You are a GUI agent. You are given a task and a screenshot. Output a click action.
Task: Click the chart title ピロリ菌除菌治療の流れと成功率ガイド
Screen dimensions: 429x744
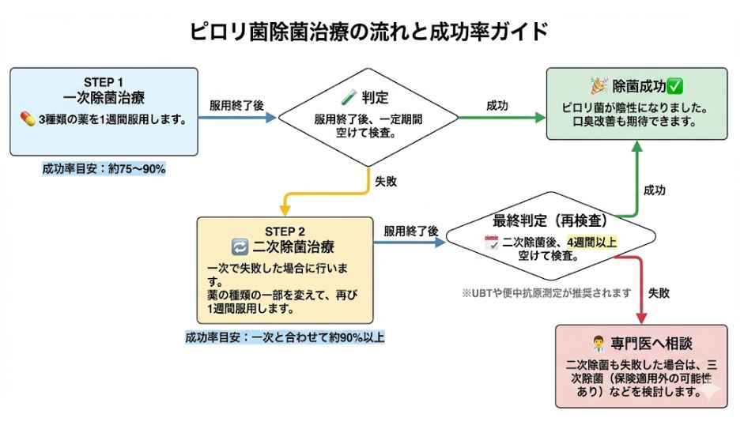click(369, 32)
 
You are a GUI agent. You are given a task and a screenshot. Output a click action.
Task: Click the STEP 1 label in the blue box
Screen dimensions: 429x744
click(104, 82)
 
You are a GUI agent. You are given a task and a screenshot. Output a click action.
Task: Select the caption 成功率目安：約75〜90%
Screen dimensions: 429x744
click(104, 168)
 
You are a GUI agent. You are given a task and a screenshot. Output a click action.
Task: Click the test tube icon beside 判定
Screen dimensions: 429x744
click(349, 98)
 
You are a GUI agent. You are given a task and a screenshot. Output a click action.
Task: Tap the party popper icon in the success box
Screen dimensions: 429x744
click(599, 85)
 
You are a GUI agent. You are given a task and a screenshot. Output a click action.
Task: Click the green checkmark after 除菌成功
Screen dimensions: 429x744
click(674, 85)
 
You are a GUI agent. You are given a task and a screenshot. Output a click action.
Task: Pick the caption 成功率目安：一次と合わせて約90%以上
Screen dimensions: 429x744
click(285, 337)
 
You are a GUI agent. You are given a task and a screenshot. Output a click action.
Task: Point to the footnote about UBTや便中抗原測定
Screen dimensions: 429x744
click(547, 292)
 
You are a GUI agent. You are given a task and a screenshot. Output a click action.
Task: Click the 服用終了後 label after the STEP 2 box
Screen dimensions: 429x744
click(411, 231)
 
